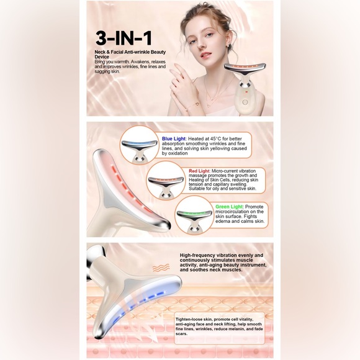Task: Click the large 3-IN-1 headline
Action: (x=124, y=38)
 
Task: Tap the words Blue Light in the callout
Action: (x=173, y=138)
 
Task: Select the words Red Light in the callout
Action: (x=199, y=171)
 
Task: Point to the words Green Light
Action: (x=229, y=207)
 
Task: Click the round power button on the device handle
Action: (x=245, y=102)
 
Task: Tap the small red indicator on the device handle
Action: (x=247, y=91)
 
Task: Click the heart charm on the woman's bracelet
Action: (x=197, y=104)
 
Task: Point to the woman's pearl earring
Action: (x=227, y=47)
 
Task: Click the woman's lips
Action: (x=205, y=55)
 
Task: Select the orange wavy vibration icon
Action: (x=161, y=268)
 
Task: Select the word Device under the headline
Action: (x=102, y=57)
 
